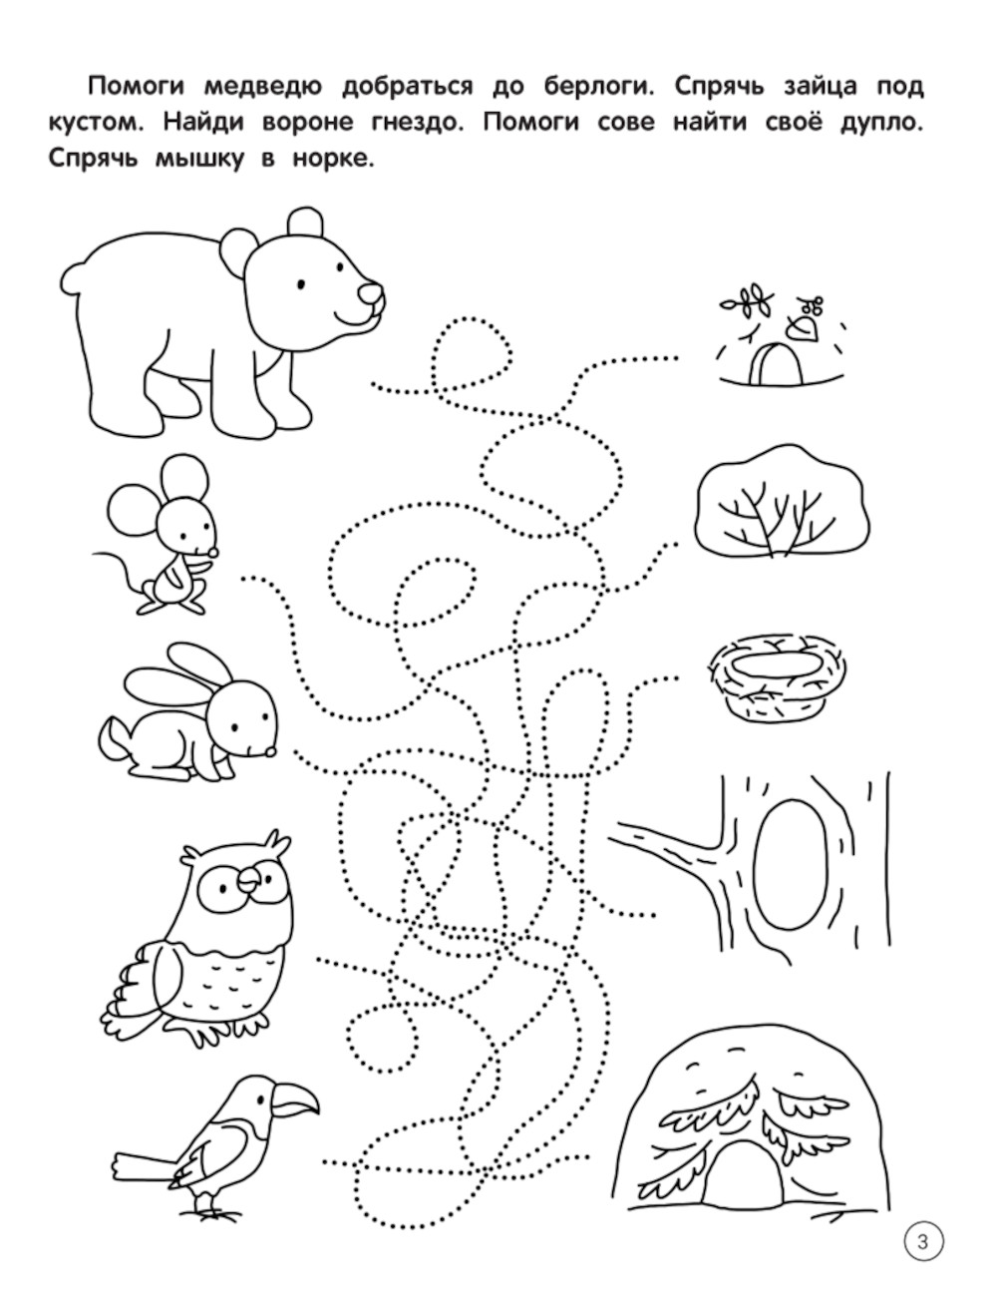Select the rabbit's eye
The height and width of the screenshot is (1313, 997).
pos(235,727)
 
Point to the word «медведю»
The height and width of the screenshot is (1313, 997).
pos(263,88)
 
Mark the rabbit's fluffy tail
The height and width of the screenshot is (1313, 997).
pos(114,740)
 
